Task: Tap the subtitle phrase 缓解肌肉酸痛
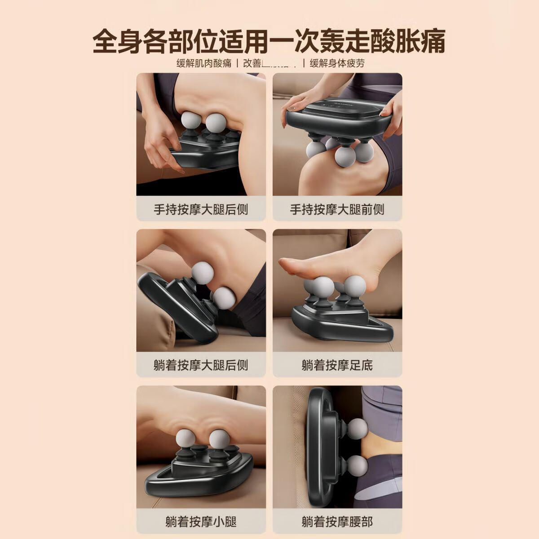coord(204,63)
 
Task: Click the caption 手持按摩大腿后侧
coord(201,209)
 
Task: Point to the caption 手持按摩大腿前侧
coord(337,209)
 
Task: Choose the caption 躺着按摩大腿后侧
coord(201,365)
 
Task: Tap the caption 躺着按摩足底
coord(337,365)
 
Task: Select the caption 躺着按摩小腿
coord(201,521)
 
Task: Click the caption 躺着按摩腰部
coord(337,521)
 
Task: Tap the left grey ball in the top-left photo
coord(189,122)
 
